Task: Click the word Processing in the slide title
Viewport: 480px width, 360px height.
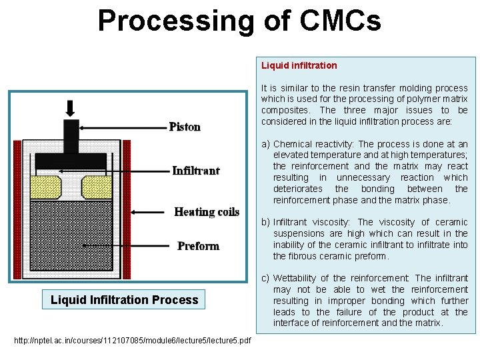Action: pos(175,20)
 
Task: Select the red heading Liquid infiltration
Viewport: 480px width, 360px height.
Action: pos(299,65)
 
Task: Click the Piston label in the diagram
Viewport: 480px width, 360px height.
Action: pos(185,127)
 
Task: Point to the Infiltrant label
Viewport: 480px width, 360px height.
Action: pos(195,171)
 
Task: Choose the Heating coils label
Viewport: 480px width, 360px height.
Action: pos(207,212)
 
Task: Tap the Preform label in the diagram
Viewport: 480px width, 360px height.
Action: pos(198,246)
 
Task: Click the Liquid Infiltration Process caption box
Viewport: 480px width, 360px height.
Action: pos(125,299)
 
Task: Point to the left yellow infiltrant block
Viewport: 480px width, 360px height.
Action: pos(45,185)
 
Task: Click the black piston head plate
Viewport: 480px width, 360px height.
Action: pos(70,161)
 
